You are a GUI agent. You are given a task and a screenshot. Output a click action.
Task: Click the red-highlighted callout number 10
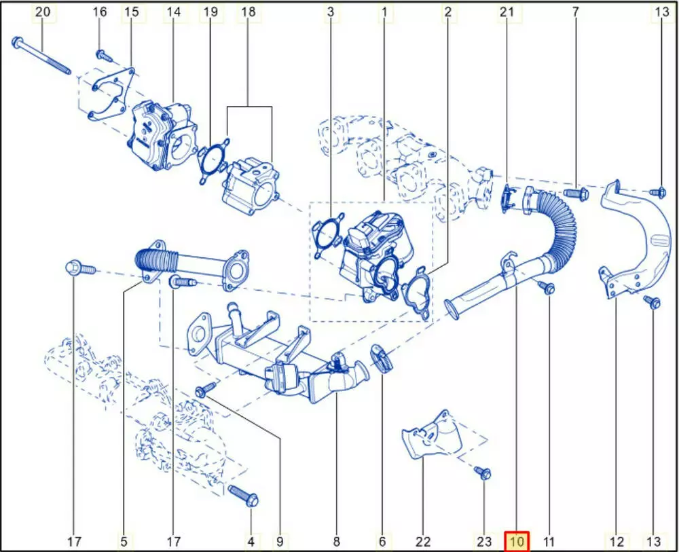pos(517,541)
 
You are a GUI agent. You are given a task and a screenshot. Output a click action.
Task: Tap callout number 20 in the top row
pos(42,12)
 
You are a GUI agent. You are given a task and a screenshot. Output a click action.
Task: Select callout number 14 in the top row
pos(173,12)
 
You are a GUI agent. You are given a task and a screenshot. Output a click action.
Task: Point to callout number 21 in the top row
pos(507,12)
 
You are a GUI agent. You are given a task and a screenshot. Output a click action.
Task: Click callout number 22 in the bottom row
pos(423,541)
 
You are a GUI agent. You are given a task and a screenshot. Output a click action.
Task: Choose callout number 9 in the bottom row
pos(280,541)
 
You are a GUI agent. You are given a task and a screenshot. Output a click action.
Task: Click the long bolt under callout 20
pos(41,56)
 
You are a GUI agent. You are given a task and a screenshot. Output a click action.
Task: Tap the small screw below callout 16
pos(103,55)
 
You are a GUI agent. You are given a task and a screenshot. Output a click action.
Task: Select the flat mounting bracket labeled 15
pos(111,94)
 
